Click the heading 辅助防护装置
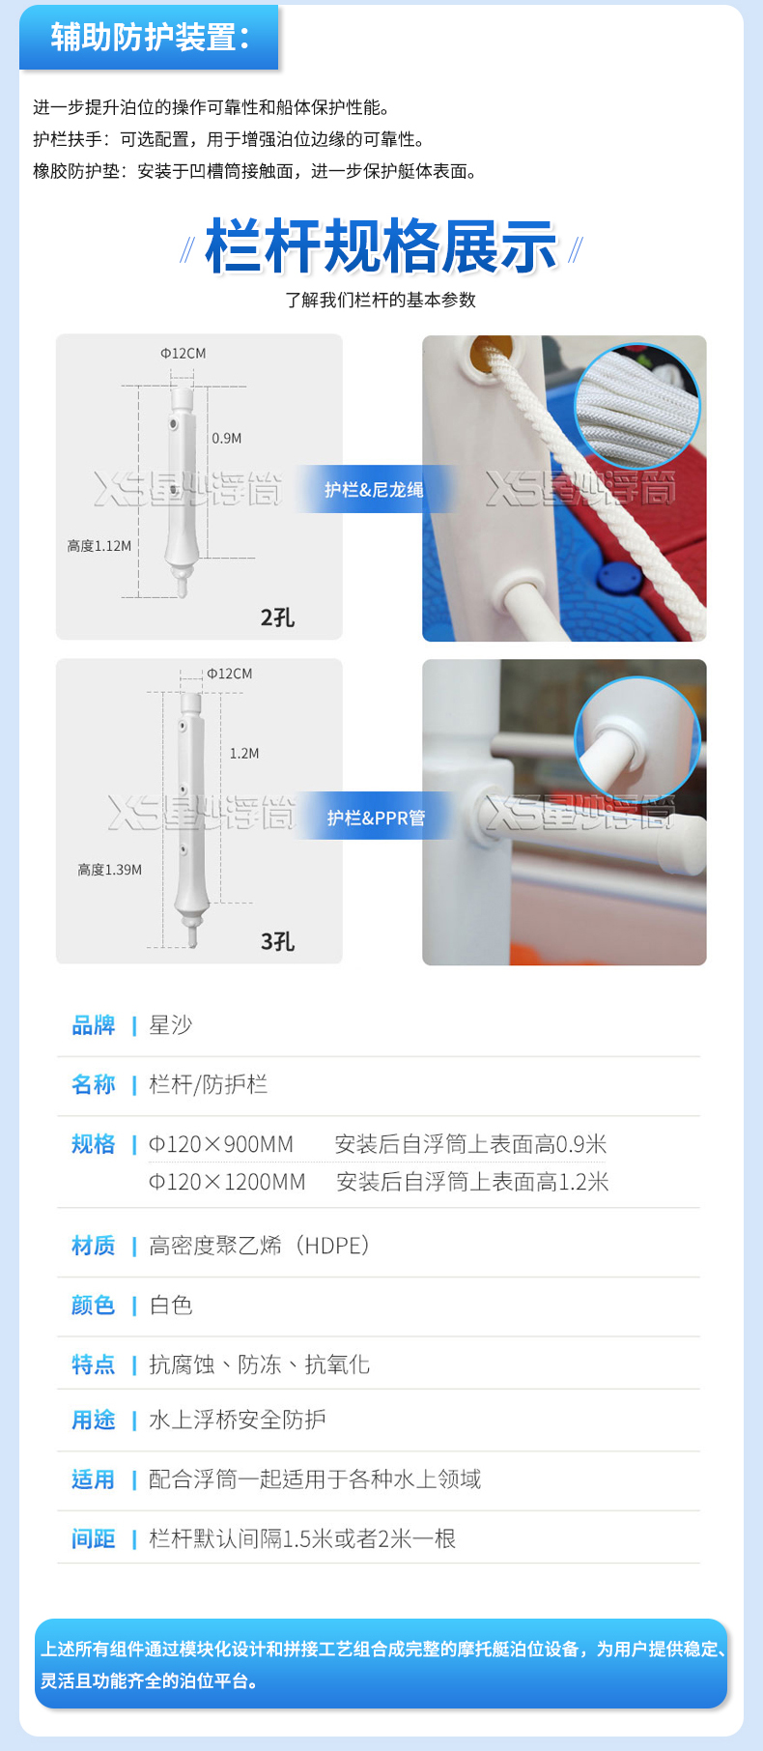[x=150, y=38]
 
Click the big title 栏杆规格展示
[x=381, y=247]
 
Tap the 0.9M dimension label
[x=227, y=439]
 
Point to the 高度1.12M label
[x=99, y=546]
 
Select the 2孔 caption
[x=277, y=617]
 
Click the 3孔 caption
[x=277, y=941]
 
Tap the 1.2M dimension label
[x=244, y=754]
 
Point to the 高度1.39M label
[x=110, y=870]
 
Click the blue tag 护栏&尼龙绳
[x=374, y=490]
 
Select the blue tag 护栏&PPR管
[x=376, y=818]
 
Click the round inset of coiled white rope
[x=637, y=406]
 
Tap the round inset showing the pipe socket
[x=637, y=740]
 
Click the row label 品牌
[x=94, y=1025]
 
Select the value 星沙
[x=171, y=1025]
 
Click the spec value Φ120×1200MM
[x=227, y=1182]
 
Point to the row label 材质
[x=94, y=1246]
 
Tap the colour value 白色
[x=171, y=1306]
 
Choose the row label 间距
[x=94, y=1538]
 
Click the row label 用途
[x=94, y=1420]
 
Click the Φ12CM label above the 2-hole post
[x=184, y=354]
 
